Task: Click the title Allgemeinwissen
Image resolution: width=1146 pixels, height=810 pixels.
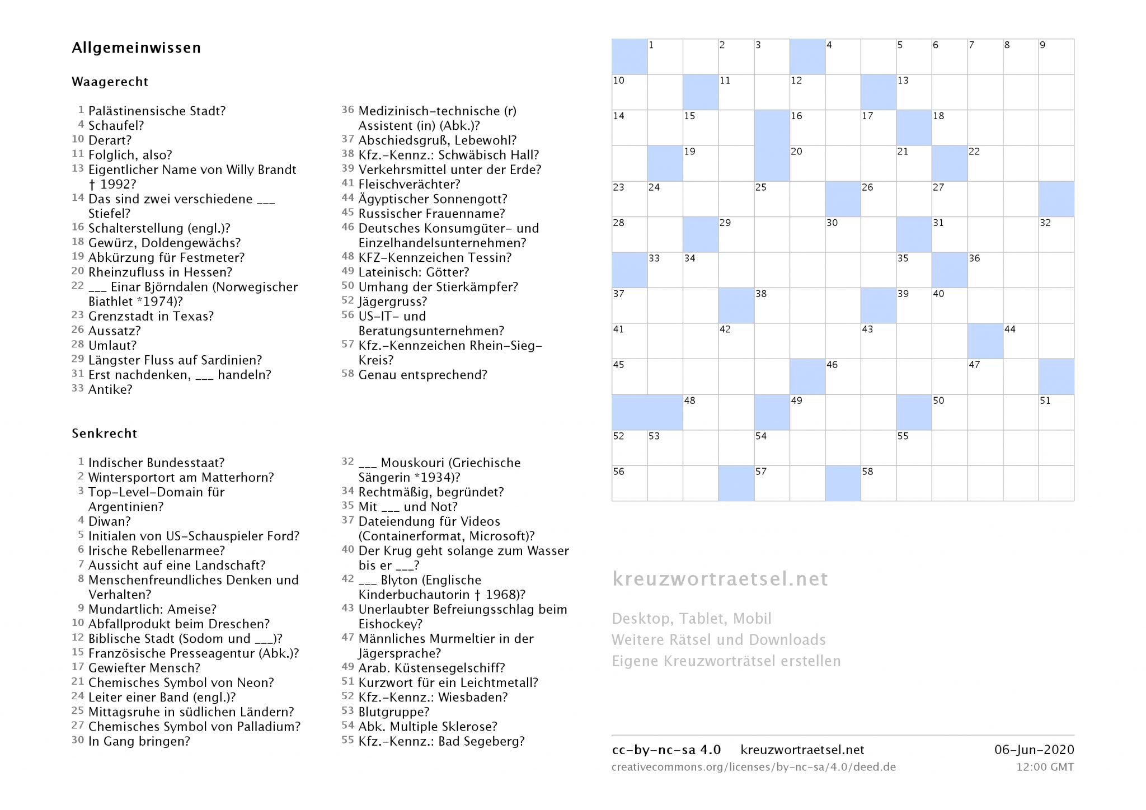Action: [x=136, y=48]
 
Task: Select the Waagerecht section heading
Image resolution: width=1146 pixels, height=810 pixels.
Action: [x=110, y=82]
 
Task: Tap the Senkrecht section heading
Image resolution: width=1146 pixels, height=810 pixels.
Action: [x=104, y=434]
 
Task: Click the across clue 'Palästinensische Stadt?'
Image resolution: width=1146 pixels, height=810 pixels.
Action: [x=157, y=111]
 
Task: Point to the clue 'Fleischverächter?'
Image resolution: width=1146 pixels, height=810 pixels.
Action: [x=409, y=184]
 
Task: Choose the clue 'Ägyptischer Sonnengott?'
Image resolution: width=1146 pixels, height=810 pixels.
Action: [x=433, y=199]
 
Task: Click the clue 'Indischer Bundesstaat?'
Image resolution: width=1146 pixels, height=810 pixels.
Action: [x=156, y=463]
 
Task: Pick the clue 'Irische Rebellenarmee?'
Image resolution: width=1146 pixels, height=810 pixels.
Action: [x=156, y=550]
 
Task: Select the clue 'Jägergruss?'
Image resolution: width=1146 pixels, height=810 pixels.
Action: [x=392, y=302]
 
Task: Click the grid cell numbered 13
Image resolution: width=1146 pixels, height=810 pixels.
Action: [x=914, y=92]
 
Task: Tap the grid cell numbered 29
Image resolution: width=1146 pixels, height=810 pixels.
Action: [x=736, y=234]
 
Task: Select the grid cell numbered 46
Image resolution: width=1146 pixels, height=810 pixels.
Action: [x=843, y=376]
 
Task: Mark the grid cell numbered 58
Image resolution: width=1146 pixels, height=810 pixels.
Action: [x=878, y=483]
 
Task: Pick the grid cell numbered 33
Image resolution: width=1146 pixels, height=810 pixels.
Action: [x=665, y=270]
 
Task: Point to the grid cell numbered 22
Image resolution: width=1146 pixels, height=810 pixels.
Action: [x=985, y=163]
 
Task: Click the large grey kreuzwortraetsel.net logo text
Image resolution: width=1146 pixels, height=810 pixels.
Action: [x=720, y=578]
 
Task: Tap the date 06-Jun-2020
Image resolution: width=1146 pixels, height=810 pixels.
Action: [x=1034, y=750]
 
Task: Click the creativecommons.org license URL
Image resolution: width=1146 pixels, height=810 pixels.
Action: [x=753, y=767]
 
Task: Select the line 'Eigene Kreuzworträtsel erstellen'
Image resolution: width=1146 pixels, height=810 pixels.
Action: [x=726, y=661]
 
